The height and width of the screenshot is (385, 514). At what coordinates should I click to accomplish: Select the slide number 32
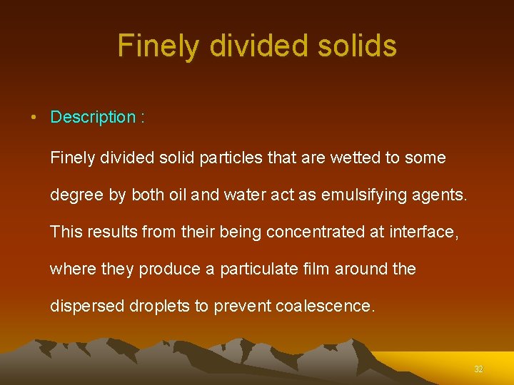click(x=478, y=369)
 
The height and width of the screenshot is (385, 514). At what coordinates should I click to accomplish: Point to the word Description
click(x=93, y=117)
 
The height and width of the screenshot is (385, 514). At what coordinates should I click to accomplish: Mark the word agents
click(x=442, y=195)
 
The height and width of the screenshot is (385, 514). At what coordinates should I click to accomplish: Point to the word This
click(x=66, y=232)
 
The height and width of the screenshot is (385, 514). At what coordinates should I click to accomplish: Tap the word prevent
click(x=242, y=306)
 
